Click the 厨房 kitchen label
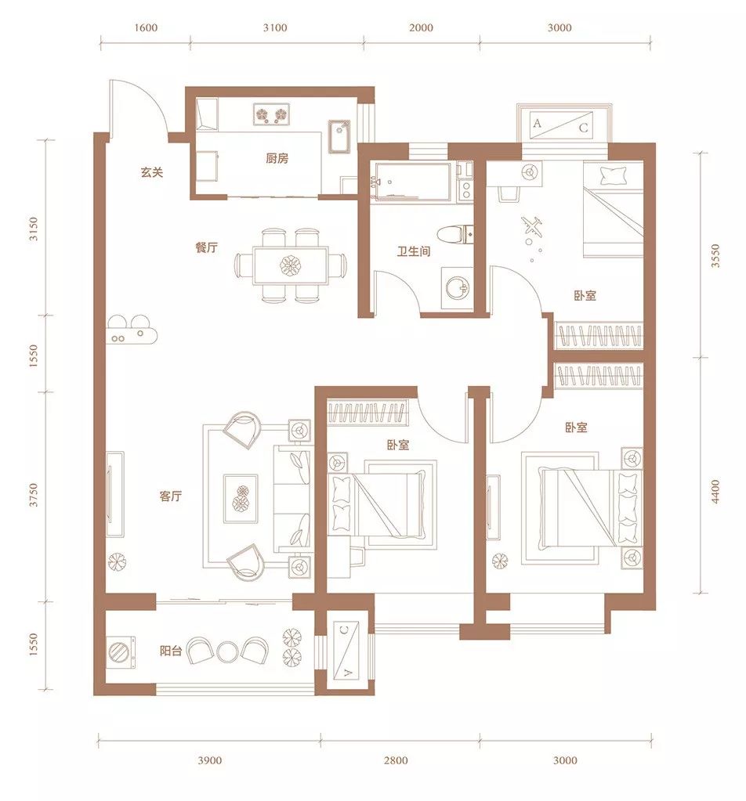pyautogui.click(x=277, y=158)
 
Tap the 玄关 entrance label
pyautogui.click(x=152, y=172)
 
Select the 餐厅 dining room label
pyautogui.click(x=207, y=247)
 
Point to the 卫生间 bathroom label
pyautogui.click(x=414, y=251)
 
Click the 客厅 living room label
pyautogui.click(x=171, y=496)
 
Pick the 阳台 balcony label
pyautogui.click(x=171, y=651)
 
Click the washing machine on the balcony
pyautogui.click(x=121, y=652)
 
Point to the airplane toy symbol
pyautogui.click(x=532, y=226)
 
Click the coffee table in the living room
pyautogui.click(x=241, y=498)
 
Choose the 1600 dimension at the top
pyautogui.click(x=146, y=27)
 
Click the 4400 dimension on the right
pyautogui.click(x=715, y=492)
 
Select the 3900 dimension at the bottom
pyautogui.click(x=210, y=760)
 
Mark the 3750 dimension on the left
pyautogui.click(x=33, y=495)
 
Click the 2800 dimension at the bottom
pyautogui.click(x=397, y=760)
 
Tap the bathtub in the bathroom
pyautogui.click(x=412, y=182)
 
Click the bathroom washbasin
pyautogui.click(x=456, y=288)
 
